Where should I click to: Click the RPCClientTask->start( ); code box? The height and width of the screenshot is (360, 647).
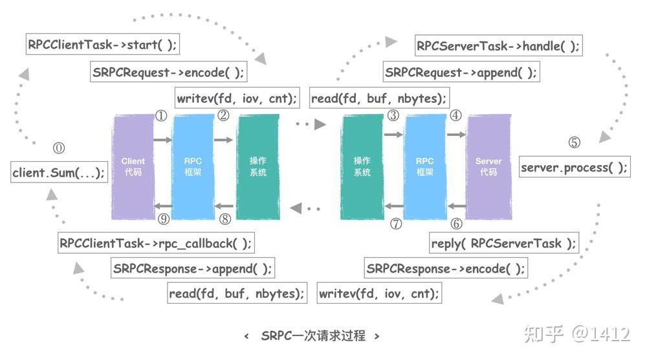[x=102, y=46]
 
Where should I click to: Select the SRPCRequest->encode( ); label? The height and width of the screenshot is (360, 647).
[x=168, y=72]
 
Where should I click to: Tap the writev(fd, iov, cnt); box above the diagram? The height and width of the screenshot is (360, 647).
[x=237, y=98]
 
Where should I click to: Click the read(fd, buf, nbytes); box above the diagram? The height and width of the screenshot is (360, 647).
[x=379, y=98]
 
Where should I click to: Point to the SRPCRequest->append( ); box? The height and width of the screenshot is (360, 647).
[x=461, y=72]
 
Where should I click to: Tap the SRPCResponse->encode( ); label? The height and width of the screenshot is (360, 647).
[x=446, y=268]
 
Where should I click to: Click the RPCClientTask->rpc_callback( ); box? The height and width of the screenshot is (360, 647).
[x=155, y=243]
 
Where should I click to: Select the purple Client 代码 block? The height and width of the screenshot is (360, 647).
[x=133, y=167]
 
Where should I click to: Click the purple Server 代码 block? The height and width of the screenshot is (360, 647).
[x=488, y=167]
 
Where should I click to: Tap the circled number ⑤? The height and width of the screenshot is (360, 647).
[x=574, y=143]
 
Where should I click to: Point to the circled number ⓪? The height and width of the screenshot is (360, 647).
[x=59, y=148]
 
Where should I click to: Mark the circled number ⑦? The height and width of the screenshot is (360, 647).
[x=396, y=224]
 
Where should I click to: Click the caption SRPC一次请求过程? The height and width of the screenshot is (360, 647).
[x=313, y=335]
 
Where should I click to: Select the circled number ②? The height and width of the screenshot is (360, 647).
[x=224, y=117]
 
